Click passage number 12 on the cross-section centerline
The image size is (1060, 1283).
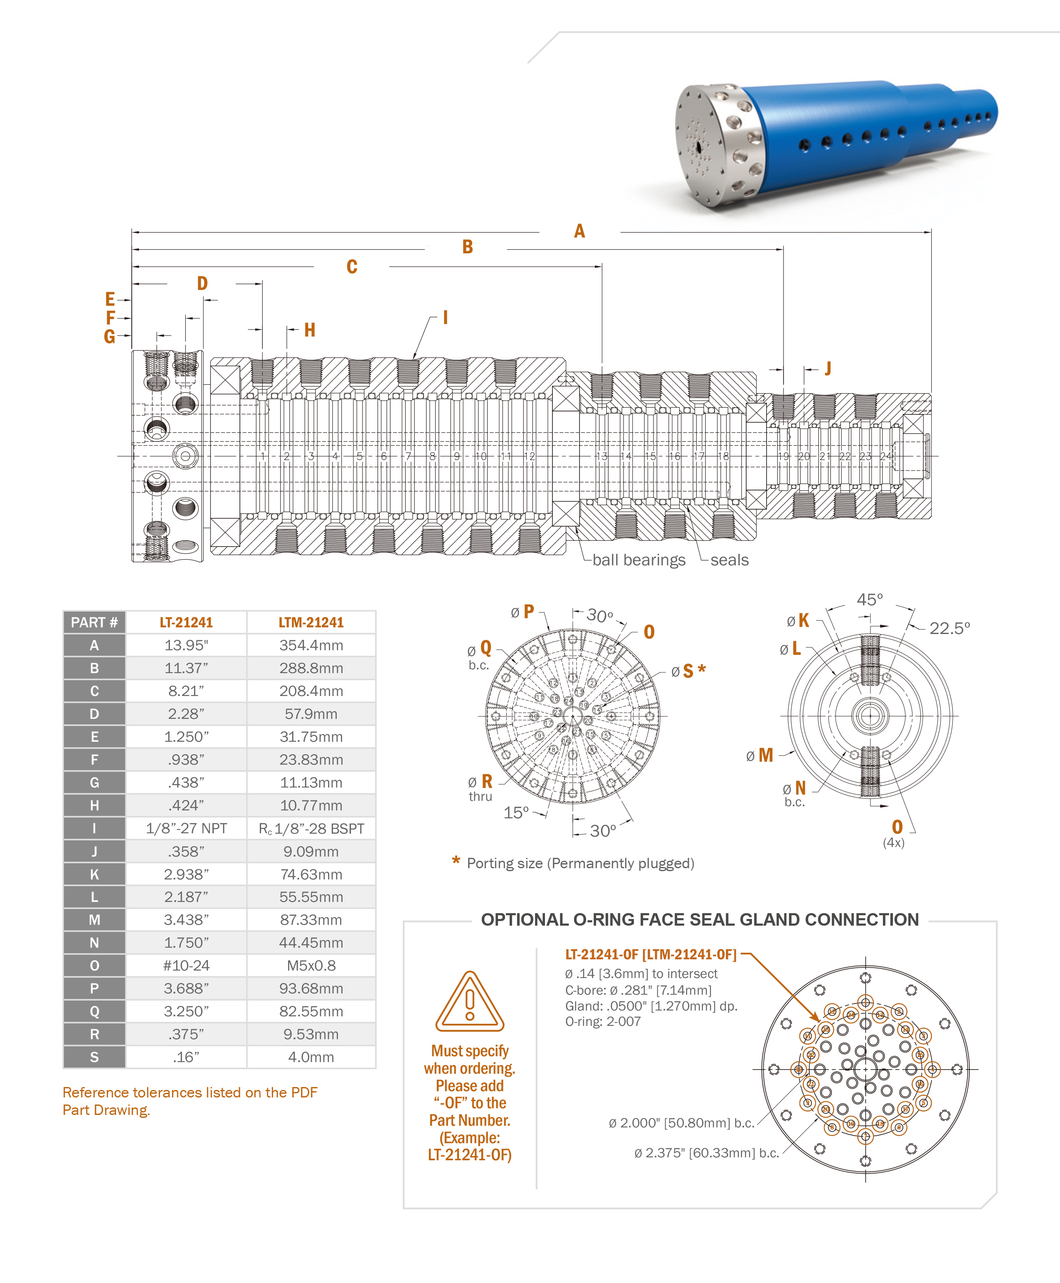pos(530,456)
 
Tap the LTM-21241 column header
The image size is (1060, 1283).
pos(311,622)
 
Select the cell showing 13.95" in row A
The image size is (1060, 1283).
pos(186,645)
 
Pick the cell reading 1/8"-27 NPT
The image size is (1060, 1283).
pos(186,828)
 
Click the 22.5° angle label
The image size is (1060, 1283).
pos(949,628)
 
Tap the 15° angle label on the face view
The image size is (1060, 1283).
pos(516,812)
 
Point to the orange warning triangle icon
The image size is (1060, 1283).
pos(470,1002)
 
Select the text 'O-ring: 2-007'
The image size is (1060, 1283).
pos(603,1021)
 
